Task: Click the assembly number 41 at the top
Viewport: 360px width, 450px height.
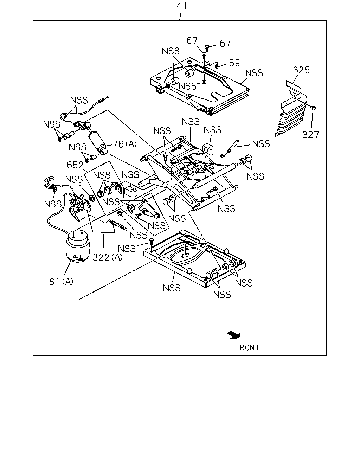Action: pyautogui.click(x=181, y=6)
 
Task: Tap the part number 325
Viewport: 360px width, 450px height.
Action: pyautogui.click(x=301, y=70)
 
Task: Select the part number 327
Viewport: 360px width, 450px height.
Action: pyautogui.click(x=311, y=135)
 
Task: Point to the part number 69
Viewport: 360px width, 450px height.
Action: pyautogui.click(x=234, y=63)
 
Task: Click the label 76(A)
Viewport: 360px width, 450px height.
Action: pyautogui.click(x=125, y=144)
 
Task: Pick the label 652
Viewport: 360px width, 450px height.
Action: pyautogui.click(x=75, y=165)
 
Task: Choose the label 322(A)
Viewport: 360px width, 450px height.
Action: pyautogui.click(x=108, y=257)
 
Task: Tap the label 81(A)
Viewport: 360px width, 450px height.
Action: pyautogui.click(x=61, y=282)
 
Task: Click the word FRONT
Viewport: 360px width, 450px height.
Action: pyautogui.click(x=247, y=348)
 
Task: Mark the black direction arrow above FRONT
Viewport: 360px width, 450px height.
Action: pyautogui.click(x=234, y=335)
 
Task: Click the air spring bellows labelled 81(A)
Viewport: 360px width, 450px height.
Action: pyautogui.click(x=78, y=246)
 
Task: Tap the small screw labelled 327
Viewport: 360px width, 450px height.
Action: pyautogui.click(x=313, y=108)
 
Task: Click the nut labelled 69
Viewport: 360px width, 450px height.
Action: pyautogui.click(x=217, y=66)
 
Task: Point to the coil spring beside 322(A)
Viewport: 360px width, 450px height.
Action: pyautogui.click(x=117, y=225)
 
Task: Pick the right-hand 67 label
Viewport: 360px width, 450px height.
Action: pyautogui.click(x=225, y=43)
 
